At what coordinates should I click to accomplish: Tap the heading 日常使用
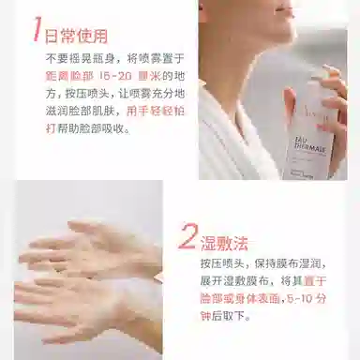pyautogui.click(x=77, y=37)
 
